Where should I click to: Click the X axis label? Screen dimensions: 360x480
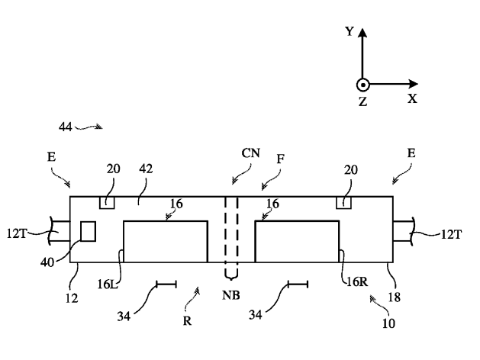(x=412, y=98)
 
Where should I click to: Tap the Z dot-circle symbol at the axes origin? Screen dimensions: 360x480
(x=363, y=85)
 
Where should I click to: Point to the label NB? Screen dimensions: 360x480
(x=232, y=294)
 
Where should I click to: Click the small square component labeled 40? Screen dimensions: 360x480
(x=88, y=231)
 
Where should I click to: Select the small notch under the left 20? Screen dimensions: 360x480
(x=108, y=202)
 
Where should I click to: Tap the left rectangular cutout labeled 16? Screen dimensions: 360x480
(x=166, y=241)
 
